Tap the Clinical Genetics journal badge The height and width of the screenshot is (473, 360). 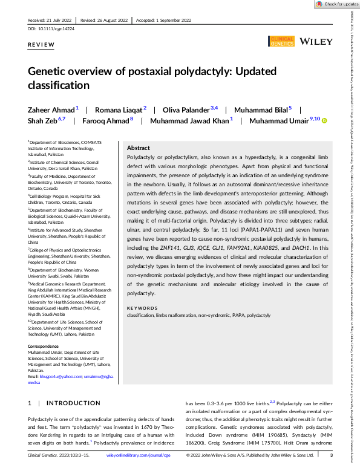point(281,41)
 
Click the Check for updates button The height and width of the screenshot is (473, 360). point(336,4)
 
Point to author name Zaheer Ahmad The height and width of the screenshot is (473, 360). point(43,109)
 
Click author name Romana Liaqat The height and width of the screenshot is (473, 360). point(103,109)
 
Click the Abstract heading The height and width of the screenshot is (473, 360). point(138,148)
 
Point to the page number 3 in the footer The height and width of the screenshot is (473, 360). point(330,455)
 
